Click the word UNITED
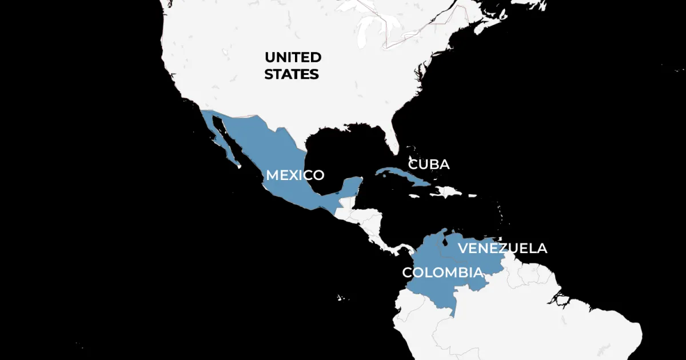292,57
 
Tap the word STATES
291,74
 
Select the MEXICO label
295,175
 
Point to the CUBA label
428,165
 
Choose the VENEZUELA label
502,248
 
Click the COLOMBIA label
442,272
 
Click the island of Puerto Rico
472,195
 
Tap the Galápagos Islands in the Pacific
341,298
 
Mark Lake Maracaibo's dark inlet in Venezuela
440,243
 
